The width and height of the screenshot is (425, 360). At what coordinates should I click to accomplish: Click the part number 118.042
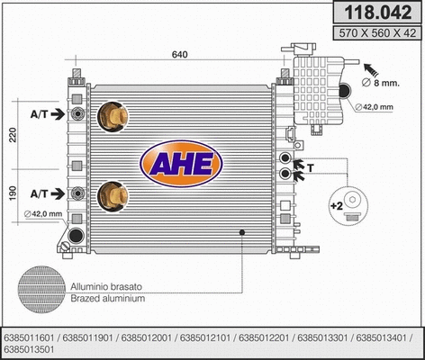click(375, 13)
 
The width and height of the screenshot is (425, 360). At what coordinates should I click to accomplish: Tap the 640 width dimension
click(180, 56)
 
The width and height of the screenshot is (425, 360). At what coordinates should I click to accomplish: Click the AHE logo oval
click(178, 162)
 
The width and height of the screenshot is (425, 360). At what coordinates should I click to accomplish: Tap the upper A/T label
click(40, 114)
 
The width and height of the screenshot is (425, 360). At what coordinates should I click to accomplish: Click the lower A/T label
click(40, 193)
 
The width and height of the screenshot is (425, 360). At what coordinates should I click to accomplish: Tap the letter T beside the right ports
click(311, 167)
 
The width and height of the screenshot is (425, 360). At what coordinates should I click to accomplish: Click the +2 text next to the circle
click(337, 206)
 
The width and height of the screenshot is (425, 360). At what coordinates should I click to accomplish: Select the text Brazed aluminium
click(104, 297)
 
